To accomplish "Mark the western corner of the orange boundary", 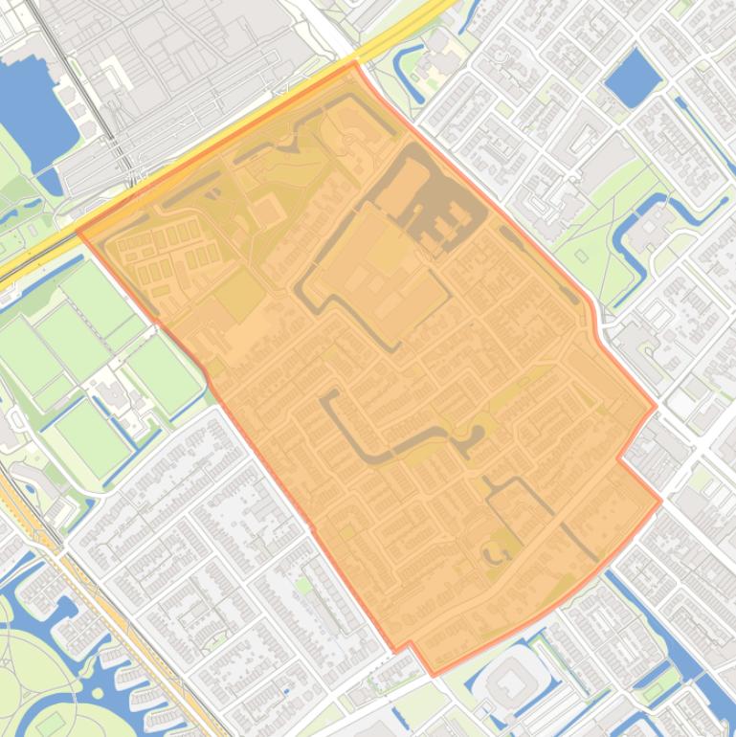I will (78, 232).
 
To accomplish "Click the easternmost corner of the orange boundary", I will (660, 500).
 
